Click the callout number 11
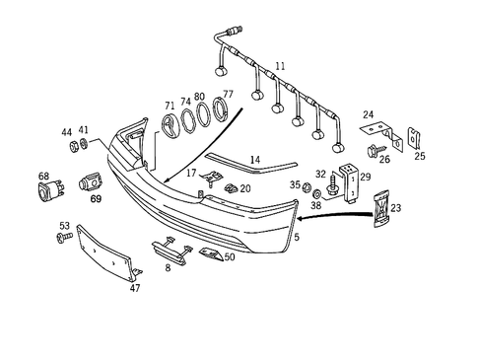281,66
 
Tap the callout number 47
135,288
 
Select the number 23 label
396,208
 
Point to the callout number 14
254,159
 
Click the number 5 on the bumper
297,238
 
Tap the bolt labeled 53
65,239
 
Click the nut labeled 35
307,187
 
